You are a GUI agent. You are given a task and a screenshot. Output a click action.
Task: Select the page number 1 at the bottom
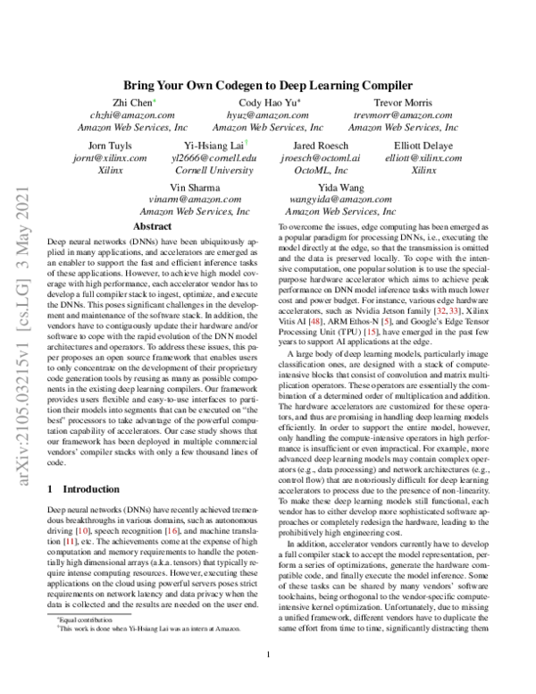(268, 678)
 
